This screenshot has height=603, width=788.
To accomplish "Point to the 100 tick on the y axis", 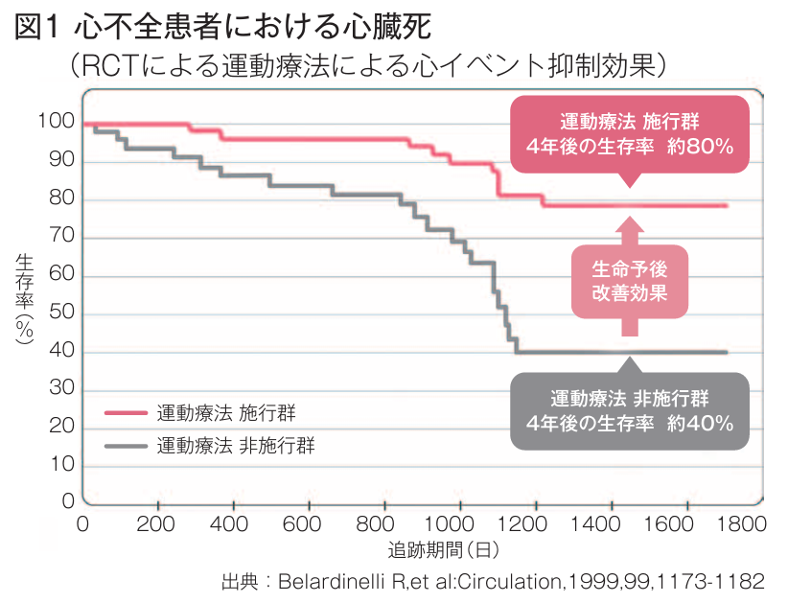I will [56, 122].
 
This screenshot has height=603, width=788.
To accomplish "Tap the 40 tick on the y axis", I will [60, 352].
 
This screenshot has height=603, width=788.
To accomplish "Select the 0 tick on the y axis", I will [67, 501].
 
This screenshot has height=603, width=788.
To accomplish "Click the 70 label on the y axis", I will [60, 237].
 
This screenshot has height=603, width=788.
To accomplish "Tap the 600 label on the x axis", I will [303, 524].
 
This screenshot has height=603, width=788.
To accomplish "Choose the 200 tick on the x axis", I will [156, 524].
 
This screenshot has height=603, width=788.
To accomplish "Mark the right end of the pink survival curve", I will [727, 205].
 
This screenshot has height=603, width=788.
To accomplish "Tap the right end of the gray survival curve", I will [727, 352].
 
